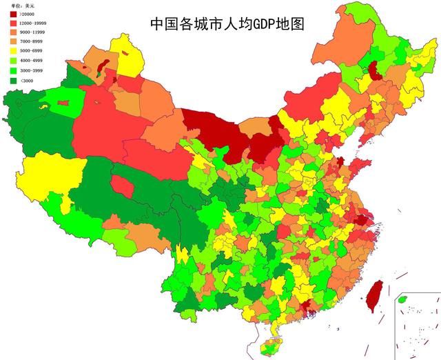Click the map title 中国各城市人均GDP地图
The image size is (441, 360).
227,23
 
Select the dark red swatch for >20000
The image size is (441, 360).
13,14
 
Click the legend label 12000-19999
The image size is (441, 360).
35,23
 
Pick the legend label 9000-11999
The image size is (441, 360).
34,32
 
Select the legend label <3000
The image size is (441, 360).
28,81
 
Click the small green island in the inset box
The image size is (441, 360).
403,299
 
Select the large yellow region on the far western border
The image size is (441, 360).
52,176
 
